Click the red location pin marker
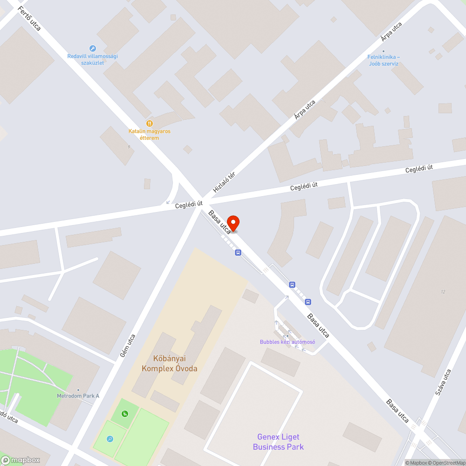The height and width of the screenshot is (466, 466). pos(233,223)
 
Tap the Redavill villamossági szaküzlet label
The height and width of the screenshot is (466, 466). pos(92,59)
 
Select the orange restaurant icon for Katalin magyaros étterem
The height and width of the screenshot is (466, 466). pos(150,123)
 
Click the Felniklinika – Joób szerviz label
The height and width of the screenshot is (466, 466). pos(384,60)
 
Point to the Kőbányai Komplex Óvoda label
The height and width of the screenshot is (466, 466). pos(169,363)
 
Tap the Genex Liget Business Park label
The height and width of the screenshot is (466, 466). pos(278,442)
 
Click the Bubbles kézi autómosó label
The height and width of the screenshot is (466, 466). pos(288,342)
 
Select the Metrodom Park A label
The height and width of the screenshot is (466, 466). pos(78,396)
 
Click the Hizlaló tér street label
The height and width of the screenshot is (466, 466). pos(224,182)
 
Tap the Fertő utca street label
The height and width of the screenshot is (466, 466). pos(30,19)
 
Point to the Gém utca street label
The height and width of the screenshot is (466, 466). pos(127,346)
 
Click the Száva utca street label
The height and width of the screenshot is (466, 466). pos(443,382)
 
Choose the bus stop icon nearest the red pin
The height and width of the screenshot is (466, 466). pos(239,253)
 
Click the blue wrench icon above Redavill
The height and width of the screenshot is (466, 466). pos(92,48)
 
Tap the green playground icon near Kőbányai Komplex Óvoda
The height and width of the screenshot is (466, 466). pos(124,413)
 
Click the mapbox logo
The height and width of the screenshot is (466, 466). pos(21,460)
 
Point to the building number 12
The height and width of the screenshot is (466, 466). pos(443,292)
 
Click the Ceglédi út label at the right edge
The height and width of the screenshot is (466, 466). pos(419,168)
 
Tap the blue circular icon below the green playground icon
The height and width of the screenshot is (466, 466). pos(110,439)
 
